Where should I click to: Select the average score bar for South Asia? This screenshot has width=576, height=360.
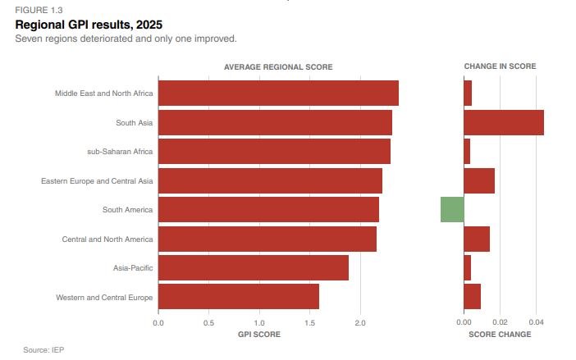coord(275,122)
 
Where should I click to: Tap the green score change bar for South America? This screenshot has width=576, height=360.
coord(452,209)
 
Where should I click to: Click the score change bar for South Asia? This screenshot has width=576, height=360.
coord(504,122)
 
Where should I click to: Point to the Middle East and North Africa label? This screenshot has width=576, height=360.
coord(104,93)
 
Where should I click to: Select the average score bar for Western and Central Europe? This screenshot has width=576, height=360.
coord(239,297)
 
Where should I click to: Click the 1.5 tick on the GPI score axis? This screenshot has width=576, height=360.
coord(310,322)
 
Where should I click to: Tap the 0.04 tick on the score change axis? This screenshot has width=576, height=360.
coord(536,322)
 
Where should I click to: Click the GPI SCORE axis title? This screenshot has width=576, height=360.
coord(259,335)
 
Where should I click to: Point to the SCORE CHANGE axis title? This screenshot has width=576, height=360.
coord(500,335)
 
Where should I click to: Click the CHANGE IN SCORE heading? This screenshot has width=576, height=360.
coord(500,66)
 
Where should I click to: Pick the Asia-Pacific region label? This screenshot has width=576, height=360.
coord(133,267)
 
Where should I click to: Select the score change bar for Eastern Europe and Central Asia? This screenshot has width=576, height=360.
coord(479,180)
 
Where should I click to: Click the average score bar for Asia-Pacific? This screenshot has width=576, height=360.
coord(254,267)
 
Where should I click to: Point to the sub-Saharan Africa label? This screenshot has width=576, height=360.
coord(120,151)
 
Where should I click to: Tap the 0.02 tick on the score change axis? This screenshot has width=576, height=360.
coord(500,322)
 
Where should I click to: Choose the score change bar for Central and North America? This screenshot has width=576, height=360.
coord(477,239)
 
